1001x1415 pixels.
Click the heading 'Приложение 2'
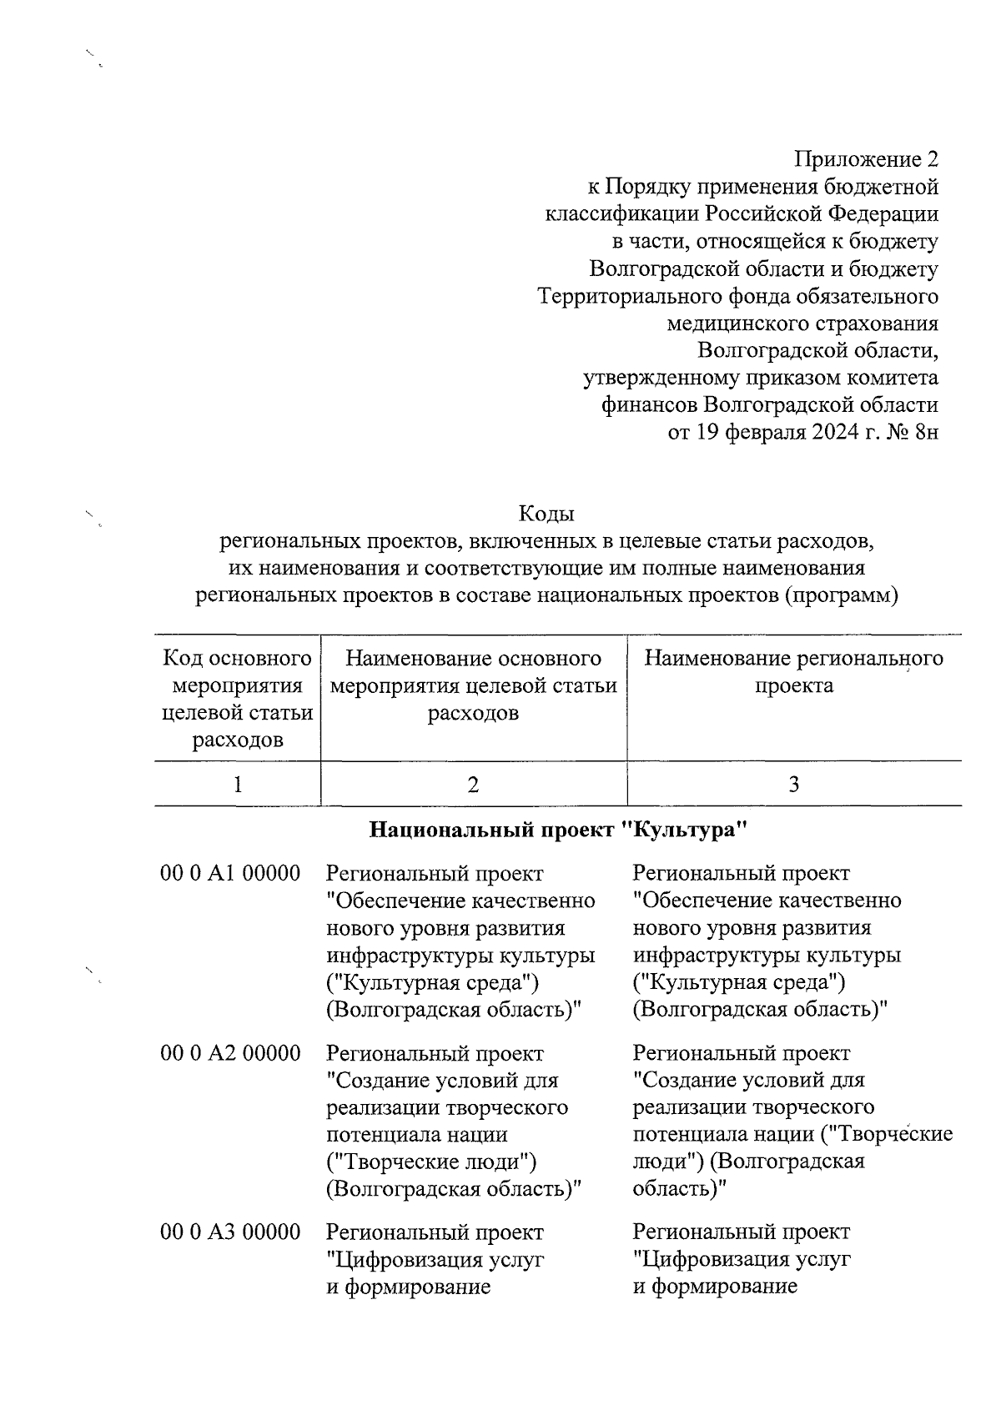[866, 159]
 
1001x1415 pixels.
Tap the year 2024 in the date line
[836, 433]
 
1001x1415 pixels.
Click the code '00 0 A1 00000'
[230, 873]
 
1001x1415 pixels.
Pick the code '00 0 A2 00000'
[230, 1053]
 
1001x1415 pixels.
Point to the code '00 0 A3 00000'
[230, 1232]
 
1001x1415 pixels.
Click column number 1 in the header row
[238, 784]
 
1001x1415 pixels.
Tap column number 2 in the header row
[473, 784]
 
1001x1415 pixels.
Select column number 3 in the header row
[793, 784]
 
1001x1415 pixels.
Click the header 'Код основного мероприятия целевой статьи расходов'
[238, 699]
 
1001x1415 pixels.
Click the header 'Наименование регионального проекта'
[793, 672]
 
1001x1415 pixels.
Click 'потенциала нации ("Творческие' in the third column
[792, 1134]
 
